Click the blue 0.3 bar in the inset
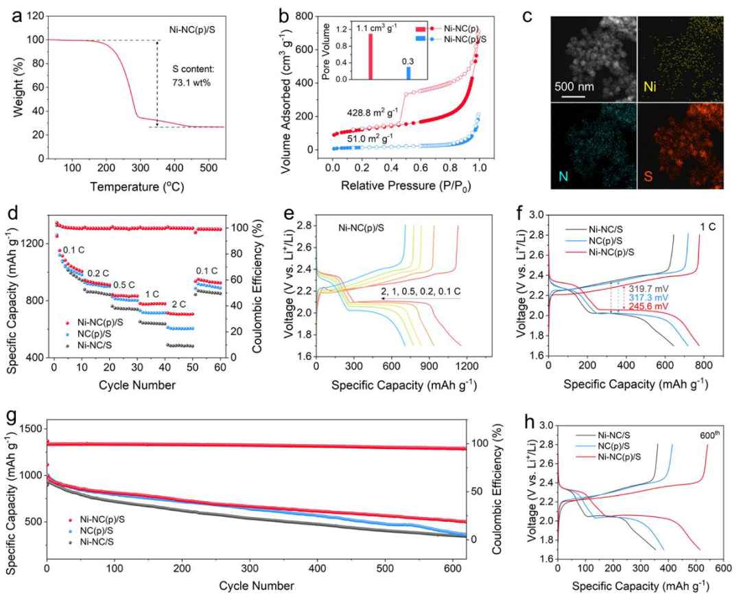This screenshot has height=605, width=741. tap(408, 73)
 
